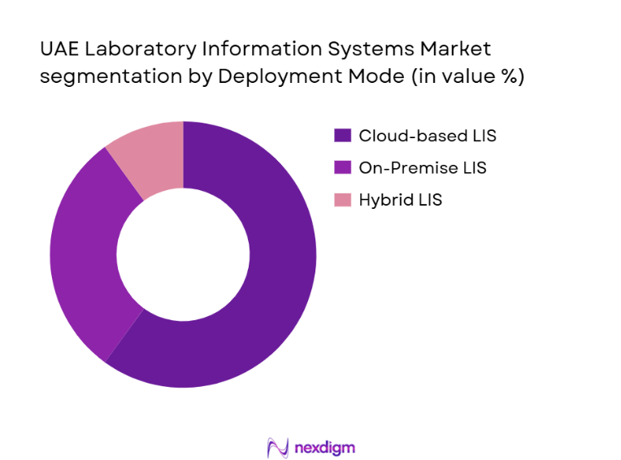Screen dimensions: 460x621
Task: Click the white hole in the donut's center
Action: (183, 254)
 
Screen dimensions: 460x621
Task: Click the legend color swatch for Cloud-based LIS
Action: (342, 136)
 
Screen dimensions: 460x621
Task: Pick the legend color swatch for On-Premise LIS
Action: (342, 167)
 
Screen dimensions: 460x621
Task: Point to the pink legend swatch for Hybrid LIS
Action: (342, 200)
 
